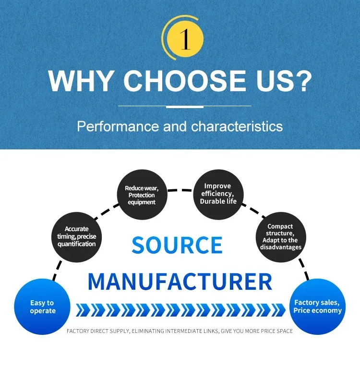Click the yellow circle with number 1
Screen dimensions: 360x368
(185, 39)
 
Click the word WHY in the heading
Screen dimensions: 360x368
(80, 81)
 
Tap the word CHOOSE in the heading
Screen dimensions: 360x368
(185, 81)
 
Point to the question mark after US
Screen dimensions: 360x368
(303, 81)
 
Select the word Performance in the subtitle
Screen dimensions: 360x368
(118, 126)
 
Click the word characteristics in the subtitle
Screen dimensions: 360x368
(237, 126)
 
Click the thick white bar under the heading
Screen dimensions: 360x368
(185, 107)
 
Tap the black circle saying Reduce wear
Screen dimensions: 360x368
(142, 195)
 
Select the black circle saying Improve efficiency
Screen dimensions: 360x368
(218, 195)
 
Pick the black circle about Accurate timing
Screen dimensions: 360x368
(77, 237)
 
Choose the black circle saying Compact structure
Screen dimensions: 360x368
(281, 237)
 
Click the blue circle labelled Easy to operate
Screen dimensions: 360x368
(42, 307)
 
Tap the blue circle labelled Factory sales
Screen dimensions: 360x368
(318, 307)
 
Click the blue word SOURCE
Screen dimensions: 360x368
(177, 245)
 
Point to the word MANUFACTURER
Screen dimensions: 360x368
(180, 282)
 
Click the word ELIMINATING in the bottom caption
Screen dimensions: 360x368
(148, 331)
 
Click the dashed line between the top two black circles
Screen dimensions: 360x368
(180, 190)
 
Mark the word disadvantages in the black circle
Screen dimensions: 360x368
(281, 247)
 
